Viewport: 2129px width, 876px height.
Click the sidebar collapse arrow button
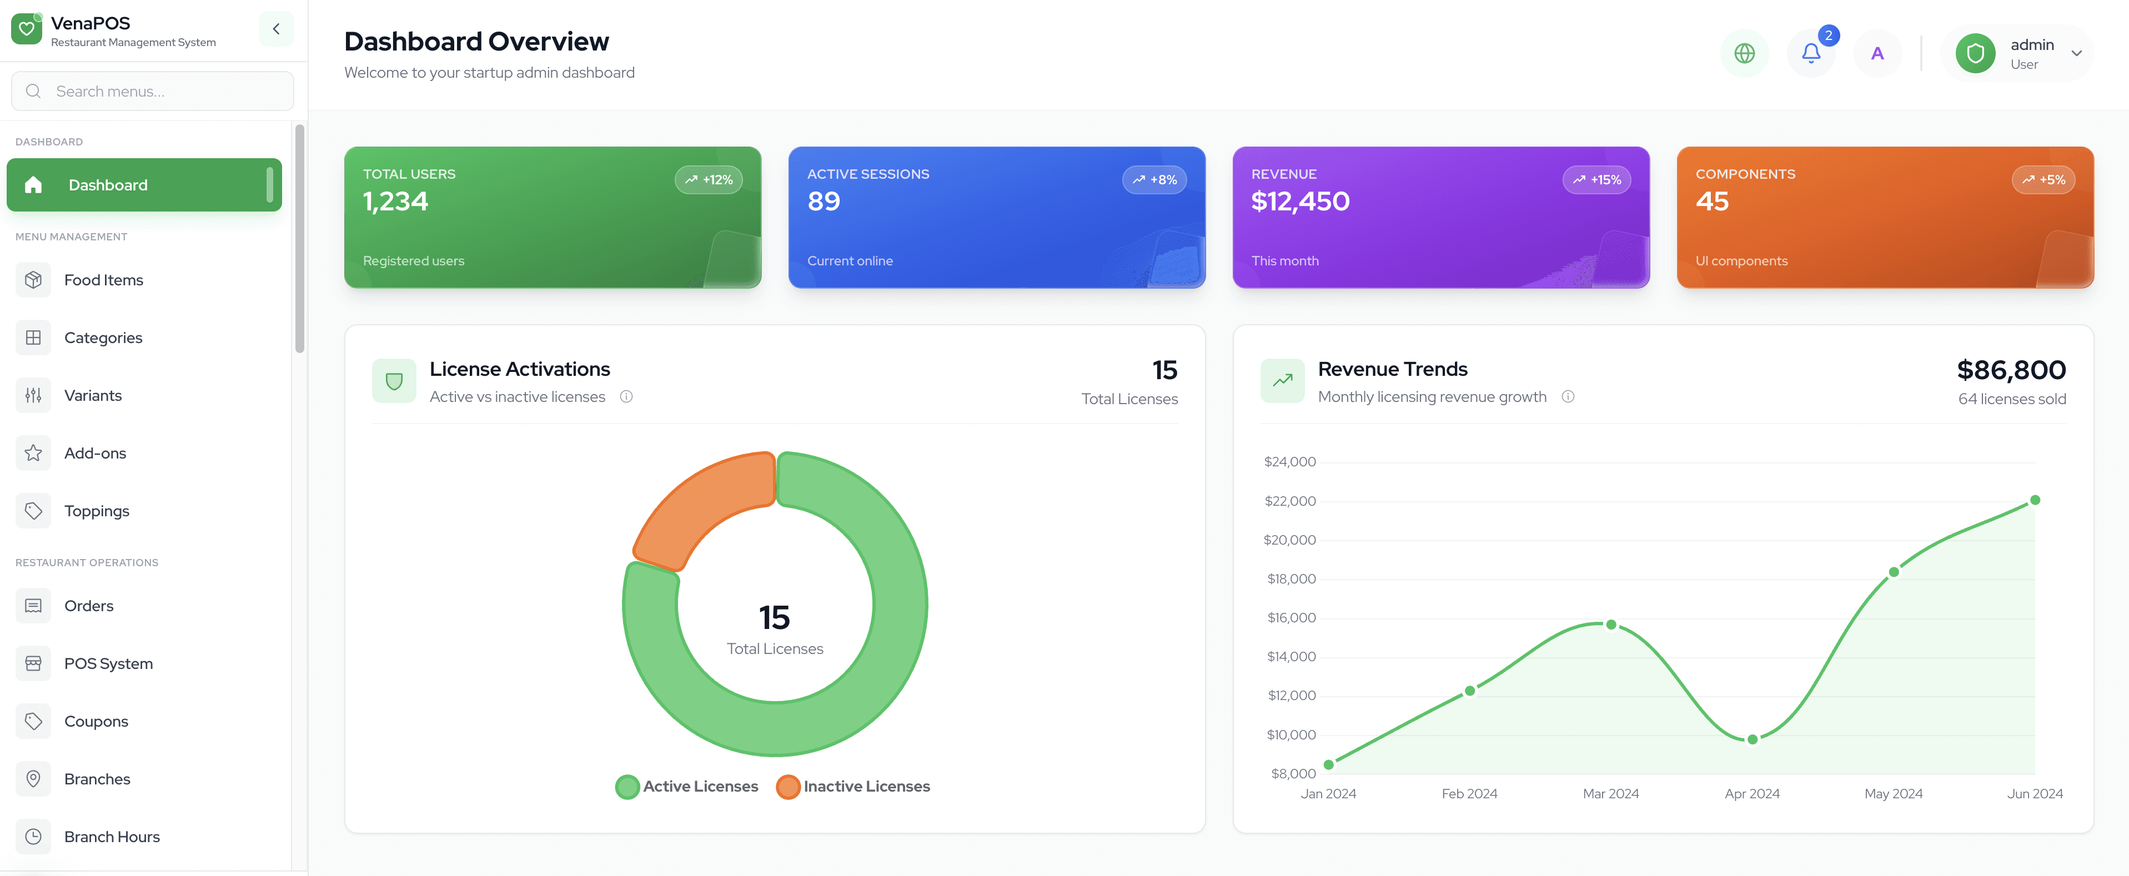point(276,29)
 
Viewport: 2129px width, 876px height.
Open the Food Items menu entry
point(103,280)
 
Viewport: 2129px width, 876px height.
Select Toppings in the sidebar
point(97,511)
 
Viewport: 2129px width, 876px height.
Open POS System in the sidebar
point(108,663)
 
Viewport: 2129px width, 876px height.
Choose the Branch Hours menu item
point(112,837)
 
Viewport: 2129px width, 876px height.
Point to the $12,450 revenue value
point(1300,202)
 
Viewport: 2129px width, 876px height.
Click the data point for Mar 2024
point(1611,625)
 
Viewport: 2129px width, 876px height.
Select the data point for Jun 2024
point(2035,500)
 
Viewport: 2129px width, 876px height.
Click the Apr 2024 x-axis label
point(1751,793)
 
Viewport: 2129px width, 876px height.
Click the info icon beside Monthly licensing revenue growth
point(1567,397)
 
